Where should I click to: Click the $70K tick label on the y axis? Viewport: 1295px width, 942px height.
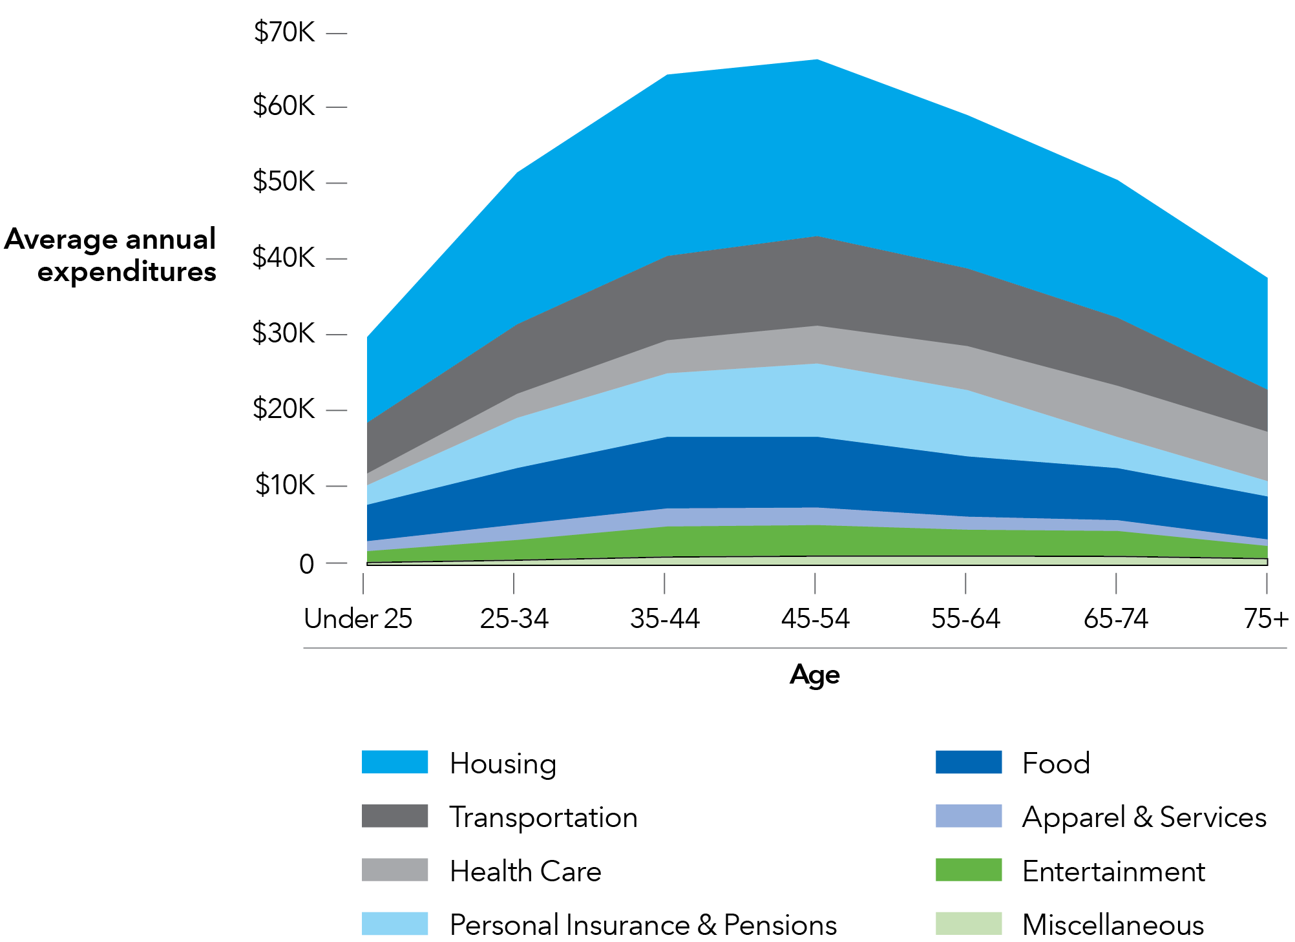tap(284, 32)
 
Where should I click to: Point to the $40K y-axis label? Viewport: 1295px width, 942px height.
tap(284, 257)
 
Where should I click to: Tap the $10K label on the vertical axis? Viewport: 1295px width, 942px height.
tap(285, 485)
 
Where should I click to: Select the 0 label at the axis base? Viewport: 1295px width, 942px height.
tap(306, 564)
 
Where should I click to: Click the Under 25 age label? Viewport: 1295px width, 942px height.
tap(358, 618)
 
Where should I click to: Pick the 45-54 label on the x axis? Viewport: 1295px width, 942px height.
tap(815, 618)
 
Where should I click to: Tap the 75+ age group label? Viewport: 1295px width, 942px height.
tap(1265, 618)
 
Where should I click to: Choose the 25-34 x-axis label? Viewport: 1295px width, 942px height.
tap(514, 618)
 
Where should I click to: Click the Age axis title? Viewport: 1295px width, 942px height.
tap(815, 675)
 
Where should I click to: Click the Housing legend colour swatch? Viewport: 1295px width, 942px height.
tap(395, 762)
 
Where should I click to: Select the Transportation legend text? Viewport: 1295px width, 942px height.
tap(543, 817)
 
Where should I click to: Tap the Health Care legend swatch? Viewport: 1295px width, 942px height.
tap(395, 870)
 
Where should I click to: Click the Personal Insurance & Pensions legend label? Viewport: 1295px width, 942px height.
tap(643, 925)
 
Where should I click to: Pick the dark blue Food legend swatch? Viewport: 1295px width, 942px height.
tap(968, 762)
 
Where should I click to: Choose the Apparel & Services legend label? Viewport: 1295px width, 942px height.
tap(1144, 817)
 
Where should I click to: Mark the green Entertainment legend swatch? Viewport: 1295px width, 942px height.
tap(968, 870)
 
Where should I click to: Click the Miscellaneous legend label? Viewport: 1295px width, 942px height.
tap(1113, 925)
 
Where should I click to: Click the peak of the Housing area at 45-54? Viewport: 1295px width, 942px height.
tap(817, 61)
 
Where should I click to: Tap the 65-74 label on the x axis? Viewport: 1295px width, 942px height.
tap(1116, 618)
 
